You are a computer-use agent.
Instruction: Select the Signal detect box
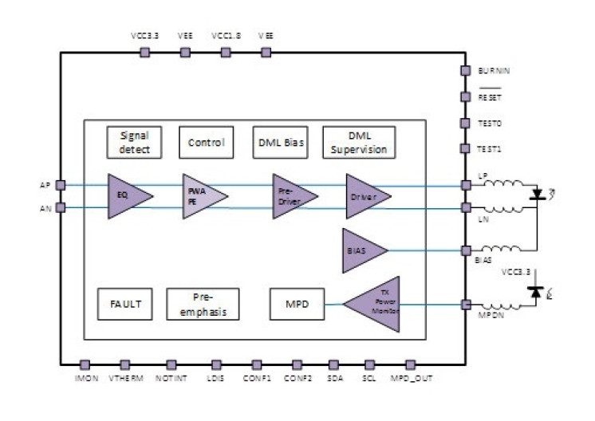(x=133, y=143)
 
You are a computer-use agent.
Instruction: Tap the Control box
(x=206, y=143)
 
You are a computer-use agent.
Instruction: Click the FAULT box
(x=124, y=304)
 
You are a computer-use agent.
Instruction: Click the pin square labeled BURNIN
(x=466, y=71)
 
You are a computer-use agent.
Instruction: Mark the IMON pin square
(x=85, y=364)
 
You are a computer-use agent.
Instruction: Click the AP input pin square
(x=61, y=184)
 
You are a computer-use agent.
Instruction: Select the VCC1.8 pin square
(x=226, y=53)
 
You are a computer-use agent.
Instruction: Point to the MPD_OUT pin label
(x=412, y=377)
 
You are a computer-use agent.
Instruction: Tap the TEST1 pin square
(x=466, y=149)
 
